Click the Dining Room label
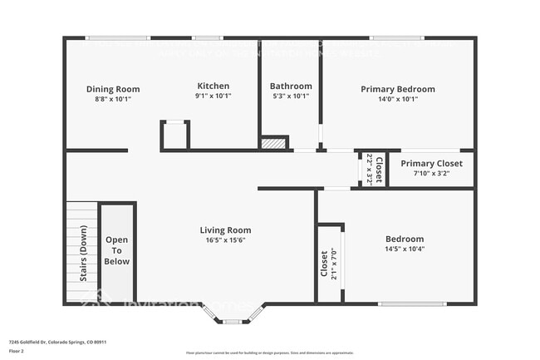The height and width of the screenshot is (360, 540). pos(113,89)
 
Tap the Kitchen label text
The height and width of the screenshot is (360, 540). pos(213,86)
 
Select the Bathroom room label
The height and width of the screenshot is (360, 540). pos(291,86)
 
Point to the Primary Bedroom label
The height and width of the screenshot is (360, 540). pos(397,89)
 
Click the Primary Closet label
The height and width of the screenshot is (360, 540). pos(431,163)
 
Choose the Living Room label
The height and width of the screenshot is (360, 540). pos(225,230)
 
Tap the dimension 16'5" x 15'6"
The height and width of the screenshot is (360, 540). pos(225,240)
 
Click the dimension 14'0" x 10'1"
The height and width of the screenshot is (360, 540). pos(397,99)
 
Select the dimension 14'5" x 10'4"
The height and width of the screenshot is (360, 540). pos(405,249)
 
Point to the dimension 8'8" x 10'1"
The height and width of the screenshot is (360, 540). pos(113,99)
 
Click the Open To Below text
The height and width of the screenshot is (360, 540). pos(117,250)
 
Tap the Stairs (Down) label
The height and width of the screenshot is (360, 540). pos(83,253)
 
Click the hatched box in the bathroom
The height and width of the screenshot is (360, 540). pos(273,143)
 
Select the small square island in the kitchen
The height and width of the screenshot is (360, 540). pos(175,135)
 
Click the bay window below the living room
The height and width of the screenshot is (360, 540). pos(231,315)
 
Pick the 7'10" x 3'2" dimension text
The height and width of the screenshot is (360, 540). pos(431,174)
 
